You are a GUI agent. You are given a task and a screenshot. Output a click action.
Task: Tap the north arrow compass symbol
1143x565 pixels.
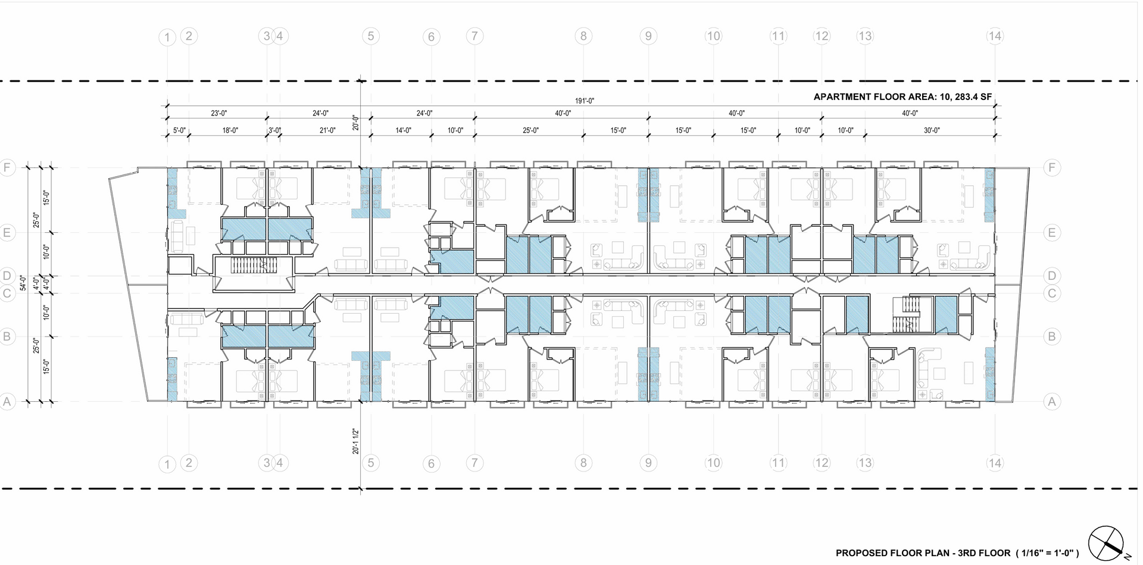(1106, 543)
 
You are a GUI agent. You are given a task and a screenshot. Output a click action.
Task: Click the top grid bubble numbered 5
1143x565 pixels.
(370, 36)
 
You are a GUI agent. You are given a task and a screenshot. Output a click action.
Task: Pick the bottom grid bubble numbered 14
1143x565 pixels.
(995, 463)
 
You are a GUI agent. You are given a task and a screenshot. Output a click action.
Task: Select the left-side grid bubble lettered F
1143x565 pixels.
(7, 167)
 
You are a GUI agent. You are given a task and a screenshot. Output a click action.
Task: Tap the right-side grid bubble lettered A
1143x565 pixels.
(1051, 401)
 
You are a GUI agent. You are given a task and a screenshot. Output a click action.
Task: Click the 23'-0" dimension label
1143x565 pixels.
(218, 113)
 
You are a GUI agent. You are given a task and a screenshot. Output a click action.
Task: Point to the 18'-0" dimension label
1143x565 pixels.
(230, 130)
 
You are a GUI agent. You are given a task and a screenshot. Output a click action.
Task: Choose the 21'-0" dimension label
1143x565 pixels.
(327, 130)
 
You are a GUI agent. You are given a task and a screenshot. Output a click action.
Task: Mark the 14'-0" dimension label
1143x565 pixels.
(403, 130)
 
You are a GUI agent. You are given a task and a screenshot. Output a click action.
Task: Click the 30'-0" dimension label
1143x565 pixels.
(932, 130)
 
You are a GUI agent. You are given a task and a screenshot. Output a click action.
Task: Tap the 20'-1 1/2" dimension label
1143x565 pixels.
(355, 441)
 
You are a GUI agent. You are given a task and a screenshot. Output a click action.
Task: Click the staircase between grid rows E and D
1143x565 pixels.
(254, 266)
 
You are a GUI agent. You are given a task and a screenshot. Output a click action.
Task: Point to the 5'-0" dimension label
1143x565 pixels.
(179, 130)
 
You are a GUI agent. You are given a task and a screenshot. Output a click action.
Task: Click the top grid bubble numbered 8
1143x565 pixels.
(583, 36)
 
